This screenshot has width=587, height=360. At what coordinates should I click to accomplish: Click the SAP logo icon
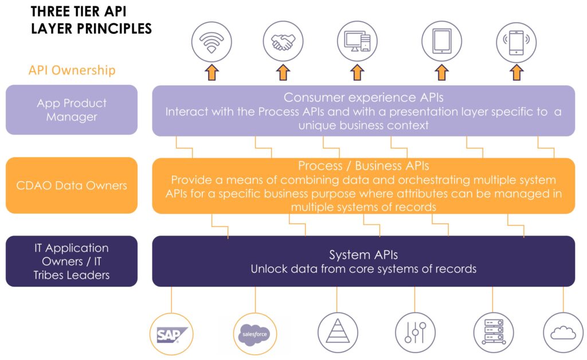(169, 334)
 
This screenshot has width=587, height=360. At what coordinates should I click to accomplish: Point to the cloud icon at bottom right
(562, 333)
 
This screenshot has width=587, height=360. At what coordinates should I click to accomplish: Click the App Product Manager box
(72, 110)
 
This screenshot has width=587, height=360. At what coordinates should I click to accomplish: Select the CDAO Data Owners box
(72, 185)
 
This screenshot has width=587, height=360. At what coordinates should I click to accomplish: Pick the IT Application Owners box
(72, 261)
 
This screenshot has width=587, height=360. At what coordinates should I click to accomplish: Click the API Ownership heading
(72, 71)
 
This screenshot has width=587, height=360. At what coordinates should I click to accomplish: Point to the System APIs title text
(363, 255)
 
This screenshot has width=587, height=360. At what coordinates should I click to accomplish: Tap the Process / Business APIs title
(363, 166)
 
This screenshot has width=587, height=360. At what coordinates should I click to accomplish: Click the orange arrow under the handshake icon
(283, 73)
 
